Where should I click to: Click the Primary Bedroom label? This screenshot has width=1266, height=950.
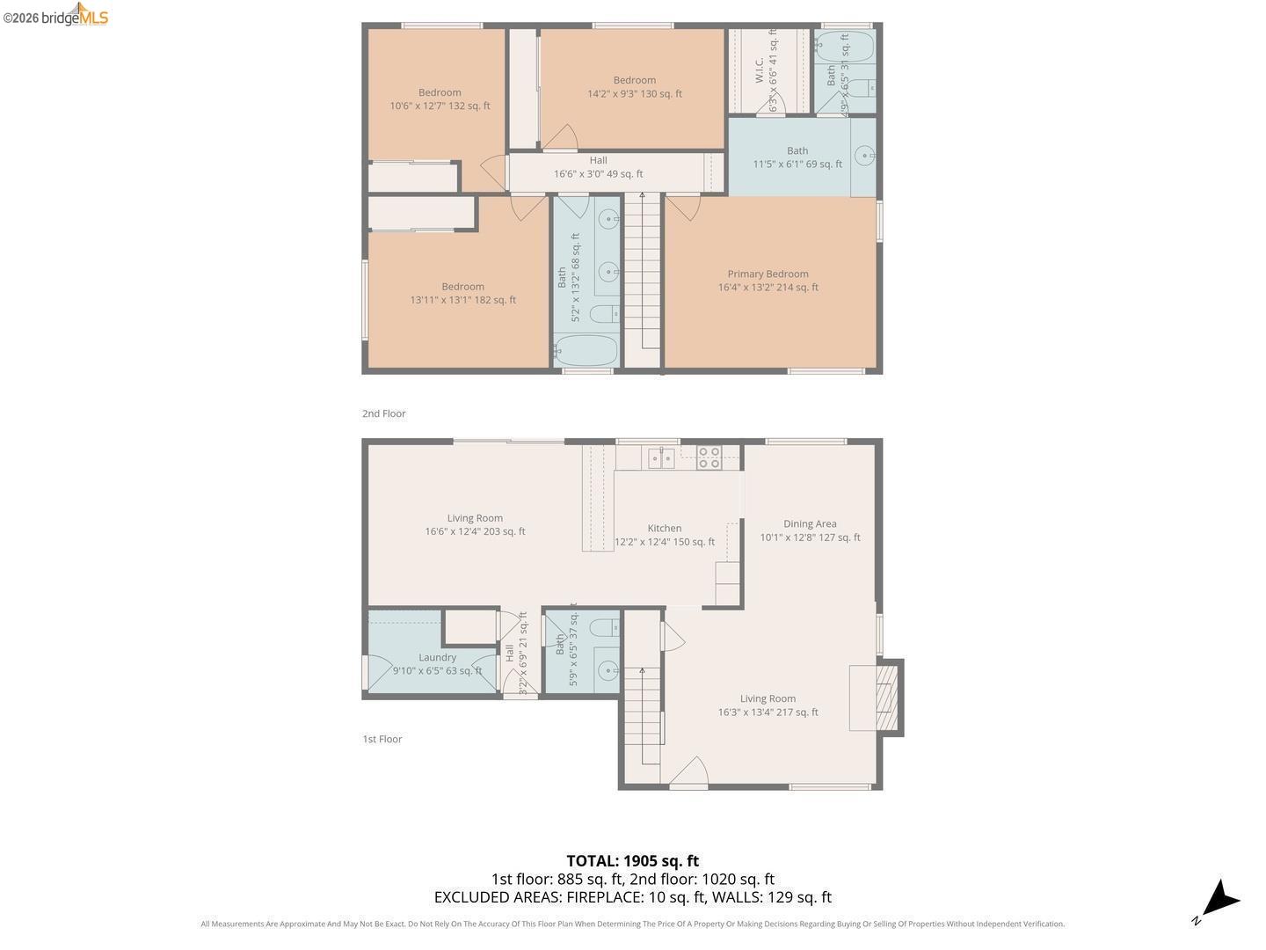768,274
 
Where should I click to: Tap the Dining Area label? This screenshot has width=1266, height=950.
810,523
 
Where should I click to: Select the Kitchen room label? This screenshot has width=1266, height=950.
665,528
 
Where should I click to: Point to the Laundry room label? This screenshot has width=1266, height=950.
437,657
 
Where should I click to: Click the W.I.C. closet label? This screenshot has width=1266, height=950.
760,70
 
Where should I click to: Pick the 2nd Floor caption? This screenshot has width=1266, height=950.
384,413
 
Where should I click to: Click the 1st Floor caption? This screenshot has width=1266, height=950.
382,739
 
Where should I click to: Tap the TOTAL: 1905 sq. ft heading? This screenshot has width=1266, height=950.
632,861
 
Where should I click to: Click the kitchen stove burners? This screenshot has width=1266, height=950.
709,457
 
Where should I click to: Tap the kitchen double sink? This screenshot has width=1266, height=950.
661,457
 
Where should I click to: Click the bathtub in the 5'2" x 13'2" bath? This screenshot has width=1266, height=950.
586,350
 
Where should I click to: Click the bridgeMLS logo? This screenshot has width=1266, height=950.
55,16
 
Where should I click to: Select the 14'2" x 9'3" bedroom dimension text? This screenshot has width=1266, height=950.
634,94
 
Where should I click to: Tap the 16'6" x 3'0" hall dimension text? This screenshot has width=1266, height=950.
598,174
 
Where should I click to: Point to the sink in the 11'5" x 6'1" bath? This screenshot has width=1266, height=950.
865,157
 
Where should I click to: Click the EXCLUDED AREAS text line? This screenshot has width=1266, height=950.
632,897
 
